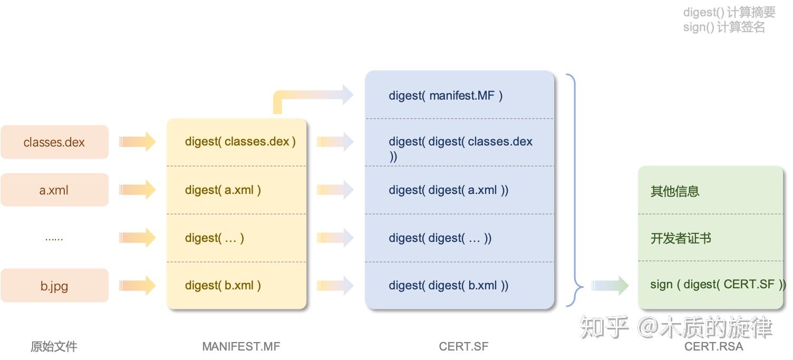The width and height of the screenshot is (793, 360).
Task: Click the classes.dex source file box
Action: coord(54,142)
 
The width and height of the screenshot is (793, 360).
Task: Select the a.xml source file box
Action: coord(54,190)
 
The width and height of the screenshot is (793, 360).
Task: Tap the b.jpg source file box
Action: coord(54,286)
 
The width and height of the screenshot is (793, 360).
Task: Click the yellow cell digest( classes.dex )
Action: coord(237,142)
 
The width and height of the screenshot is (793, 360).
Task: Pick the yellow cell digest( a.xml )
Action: coord(237,190)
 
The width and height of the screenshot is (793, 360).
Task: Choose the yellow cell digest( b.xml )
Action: coord(237,286)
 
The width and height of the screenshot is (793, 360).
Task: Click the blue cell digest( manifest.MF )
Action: coord(459,95)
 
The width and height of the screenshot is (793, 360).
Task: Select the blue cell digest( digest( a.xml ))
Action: coord(459,190)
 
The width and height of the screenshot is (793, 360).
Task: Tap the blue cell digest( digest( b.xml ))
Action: coord(459,286)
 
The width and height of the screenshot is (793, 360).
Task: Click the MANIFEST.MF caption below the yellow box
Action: coord(241,346)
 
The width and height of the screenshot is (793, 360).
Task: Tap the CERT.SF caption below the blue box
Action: coord(463,346)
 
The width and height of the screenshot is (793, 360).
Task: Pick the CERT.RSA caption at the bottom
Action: coord(713,346)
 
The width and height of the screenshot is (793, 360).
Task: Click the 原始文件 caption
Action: coord(54,346)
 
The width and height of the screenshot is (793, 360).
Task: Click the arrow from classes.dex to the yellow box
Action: coord(138,142)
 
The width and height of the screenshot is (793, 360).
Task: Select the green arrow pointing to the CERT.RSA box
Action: coord(610,285)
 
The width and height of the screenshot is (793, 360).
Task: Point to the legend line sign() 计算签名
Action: coord(723,27)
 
